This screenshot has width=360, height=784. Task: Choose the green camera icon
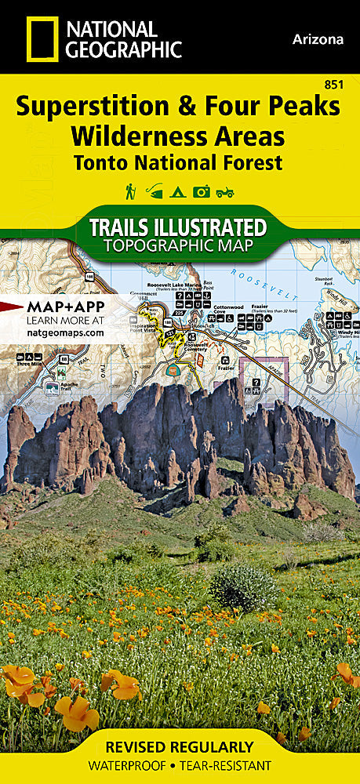coord(202,191)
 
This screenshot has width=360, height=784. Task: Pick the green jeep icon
coord(226,191)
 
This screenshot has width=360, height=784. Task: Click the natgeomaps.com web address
coord(64,332)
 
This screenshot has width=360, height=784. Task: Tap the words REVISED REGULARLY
coord(180,747)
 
